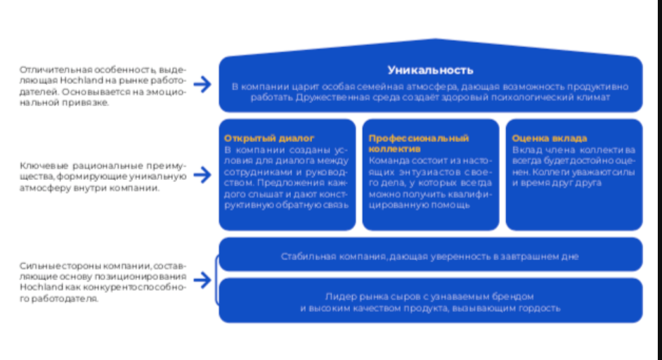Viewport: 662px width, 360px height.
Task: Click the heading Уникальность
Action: (430, 70)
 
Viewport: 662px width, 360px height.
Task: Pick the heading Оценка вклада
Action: (550, 139)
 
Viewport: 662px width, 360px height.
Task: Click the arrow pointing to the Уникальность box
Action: (202, 84)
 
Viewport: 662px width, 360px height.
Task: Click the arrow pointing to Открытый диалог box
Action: (202, 175)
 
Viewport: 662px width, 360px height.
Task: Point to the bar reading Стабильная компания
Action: (430, 257)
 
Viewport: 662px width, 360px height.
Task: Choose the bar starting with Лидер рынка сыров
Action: (430, 302)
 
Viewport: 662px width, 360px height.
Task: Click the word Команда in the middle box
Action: (387, 160)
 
